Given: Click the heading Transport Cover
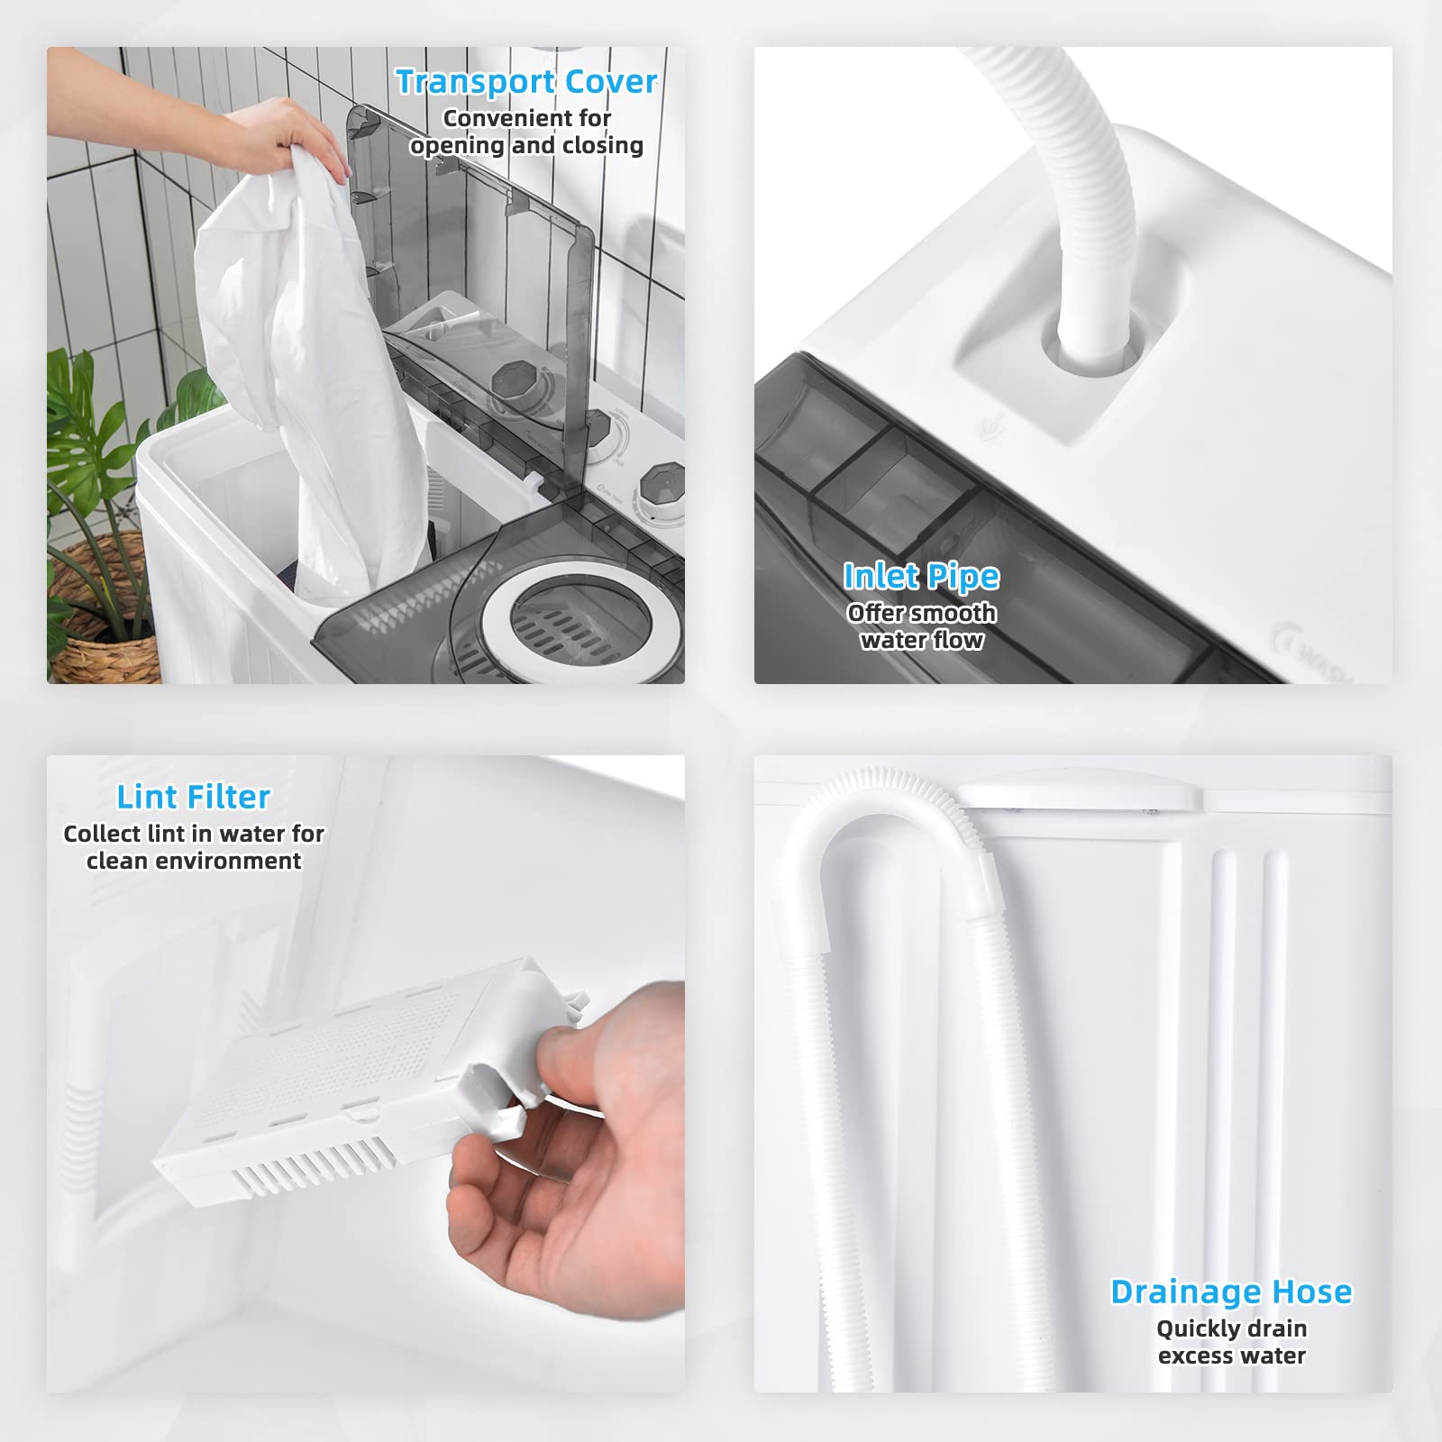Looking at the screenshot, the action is tap(526, 82).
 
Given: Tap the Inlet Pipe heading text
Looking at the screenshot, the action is tap(921, 577).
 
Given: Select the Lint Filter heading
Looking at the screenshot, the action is tap(194, 797).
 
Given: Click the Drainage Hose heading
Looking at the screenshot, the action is tap(1231, 1291).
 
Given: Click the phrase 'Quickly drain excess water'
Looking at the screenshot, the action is tap(1231, 1342).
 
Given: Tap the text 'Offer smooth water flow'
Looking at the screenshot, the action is tap(921, 626).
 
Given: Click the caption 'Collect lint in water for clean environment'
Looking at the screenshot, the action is tap(194, 847).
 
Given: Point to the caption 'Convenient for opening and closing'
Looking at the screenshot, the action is tap(526, 132).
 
